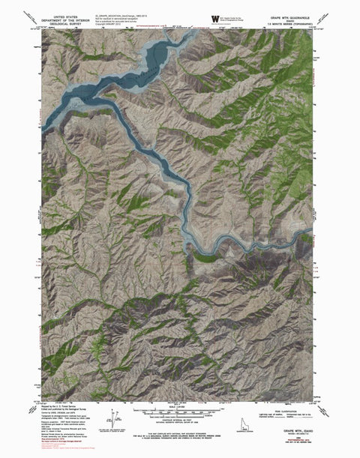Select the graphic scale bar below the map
pos(181,412)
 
